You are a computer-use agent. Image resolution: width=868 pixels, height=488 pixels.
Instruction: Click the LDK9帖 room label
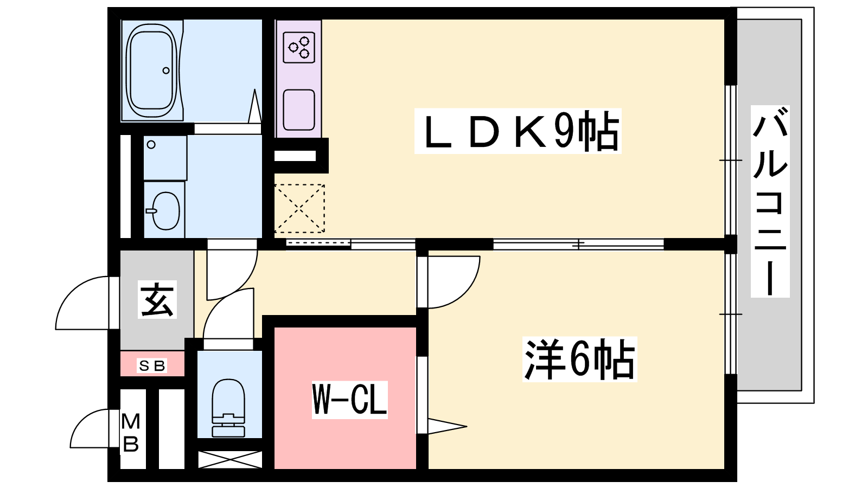click(x=518, y=131)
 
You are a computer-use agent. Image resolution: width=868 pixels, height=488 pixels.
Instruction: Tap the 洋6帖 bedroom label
click(x=580, y=359)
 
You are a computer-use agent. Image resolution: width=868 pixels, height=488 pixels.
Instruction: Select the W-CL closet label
click(x=349, y=399)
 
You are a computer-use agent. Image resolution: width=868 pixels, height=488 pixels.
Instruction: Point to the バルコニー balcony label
click(x=770, y=201)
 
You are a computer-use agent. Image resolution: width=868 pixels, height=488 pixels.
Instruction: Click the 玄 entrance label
click(x=157, y=299)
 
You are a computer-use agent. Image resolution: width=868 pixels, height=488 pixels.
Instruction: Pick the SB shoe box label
click(x=152, y=365)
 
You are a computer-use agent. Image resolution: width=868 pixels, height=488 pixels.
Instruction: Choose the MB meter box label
click(x=131, y=433)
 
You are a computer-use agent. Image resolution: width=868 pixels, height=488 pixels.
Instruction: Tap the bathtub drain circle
click(x=166, y=70)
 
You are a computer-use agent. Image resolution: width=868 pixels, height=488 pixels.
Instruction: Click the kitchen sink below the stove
click(x=298, y=110)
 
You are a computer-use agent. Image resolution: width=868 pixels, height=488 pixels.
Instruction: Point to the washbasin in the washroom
click(x=165, y=211)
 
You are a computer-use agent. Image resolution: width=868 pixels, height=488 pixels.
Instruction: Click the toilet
click(x=228, y=408)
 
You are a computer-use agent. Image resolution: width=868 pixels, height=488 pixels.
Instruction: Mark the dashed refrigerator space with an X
click(x=299, y=209)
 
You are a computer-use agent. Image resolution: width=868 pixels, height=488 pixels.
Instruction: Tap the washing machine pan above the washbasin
click(x=165, y=158)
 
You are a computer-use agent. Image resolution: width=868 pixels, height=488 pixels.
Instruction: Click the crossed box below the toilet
click(x=230, y=460)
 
